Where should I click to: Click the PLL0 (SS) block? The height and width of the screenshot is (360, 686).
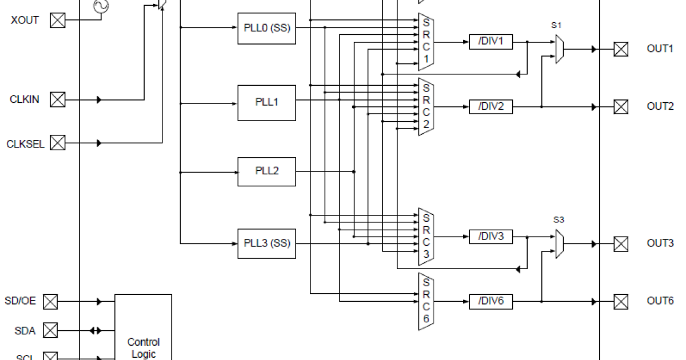(x=266, y=27)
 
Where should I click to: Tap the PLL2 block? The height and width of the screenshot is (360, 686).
(x=266, y=171)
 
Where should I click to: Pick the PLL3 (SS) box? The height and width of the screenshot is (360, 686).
(x=266, y=243)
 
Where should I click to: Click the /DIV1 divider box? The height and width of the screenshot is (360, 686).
(x=490, y=42)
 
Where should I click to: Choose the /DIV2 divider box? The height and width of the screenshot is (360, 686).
(x=490, y=106)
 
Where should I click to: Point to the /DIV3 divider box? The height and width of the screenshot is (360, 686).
(x=490, y=237)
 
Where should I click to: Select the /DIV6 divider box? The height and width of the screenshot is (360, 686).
(x=490, y=301)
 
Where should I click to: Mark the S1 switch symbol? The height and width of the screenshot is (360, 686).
(x=560, y=49)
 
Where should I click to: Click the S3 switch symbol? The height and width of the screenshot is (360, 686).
(x=560, y=243)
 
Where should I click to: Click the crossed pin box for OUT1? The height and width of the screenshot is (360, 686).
(x=621, y=49)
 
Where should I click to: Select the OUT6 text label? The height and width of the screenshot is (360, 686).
(x=660, y=301)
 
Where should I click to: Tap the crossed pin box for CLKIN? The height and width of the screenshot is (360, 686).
(x=58, y=100)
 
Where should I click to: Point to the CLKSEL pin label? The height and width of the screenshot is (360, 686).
(x=25, y=143)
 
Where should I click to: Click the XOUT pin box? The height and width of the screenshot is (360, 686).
(x=58, y=21)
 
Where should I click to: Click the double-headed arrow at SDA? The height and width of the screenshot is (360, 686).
(x=95, y=330)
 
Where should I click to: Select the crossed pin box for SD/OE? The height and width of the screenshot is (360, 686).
(x=51, y=301)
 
